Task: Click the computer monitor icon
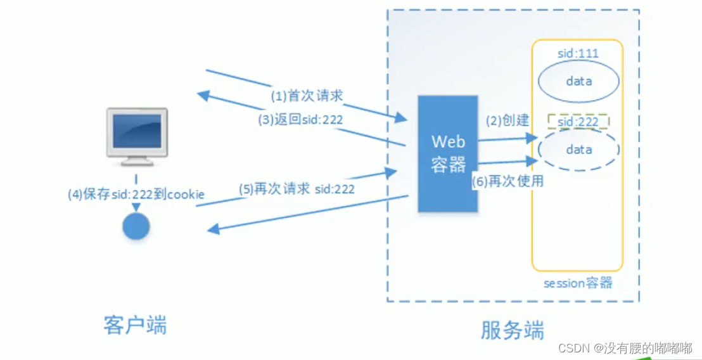coord(136,137)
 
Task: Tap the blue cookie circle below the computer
coord(136,226)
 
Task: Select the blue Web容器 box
coord(448,153)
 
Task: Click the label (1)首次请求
coord(307,96)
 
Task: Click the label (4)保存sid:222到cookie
coord(136,195)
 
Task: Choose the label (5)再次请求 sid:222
coord(297,188)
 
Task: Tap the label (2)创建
coord(507,120)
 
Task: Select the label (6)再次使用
coord(509,181)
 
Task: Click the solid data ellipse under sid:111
coord(578,82)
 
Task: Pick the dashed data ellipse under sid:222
coord(579,150)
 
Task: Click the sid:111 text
coord(578,54)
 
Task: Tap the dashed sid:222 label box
coord(578,121)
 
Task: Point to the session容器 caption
coord(578,283)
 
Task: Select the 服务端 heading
coord(513,330)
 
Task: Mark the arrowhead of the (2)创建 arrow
coord(532,138)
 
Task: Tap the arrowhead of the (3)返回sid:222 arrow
coord(203,95)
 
